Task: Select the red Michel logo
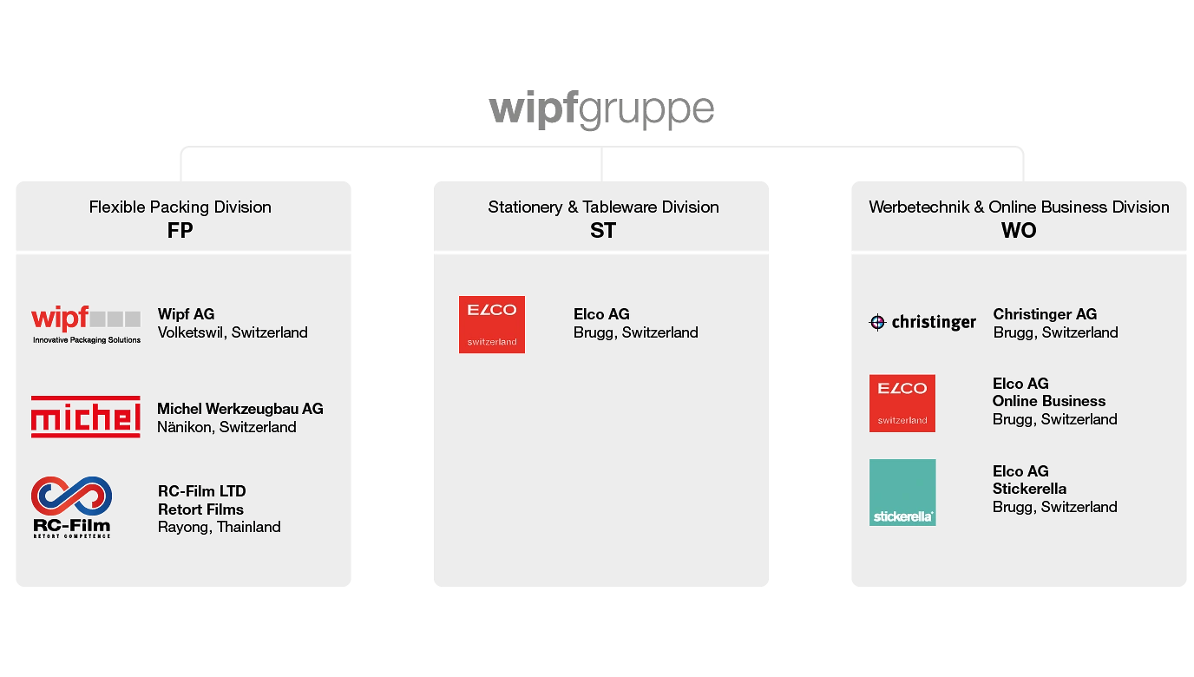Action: coord(86,417)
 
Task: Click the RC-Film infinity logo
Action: coord(72,506)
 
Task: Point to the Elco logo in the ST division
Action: coord(492,325)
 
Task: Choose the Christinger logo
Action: coord(922,322)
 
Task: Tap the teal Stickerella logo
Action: coord(902,492)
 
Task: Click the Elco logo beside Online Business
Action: coord(902,403)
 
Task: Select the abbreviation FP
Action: coord(180,231)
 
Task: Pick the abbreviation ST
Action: coord(602,231)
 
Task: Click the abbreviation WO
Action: coord(1019,231)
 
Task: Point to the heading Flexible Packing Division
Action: coord(180,207)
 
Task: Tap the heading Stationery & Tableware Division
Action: coord(603,207)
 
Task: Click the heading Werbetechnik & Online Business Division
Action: coord(1019,207)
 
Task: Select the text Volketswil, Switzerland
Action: coord(233,332)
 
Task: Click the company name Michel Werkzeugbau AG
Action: coord(240,409)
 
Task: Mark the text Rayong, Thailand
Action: coord(219,527)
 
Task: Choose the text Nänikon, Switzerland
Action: coord(226,427)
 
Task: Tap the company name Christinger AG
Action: coord(1045,314)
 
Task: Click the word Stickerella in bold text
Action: coord(1030,489)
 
